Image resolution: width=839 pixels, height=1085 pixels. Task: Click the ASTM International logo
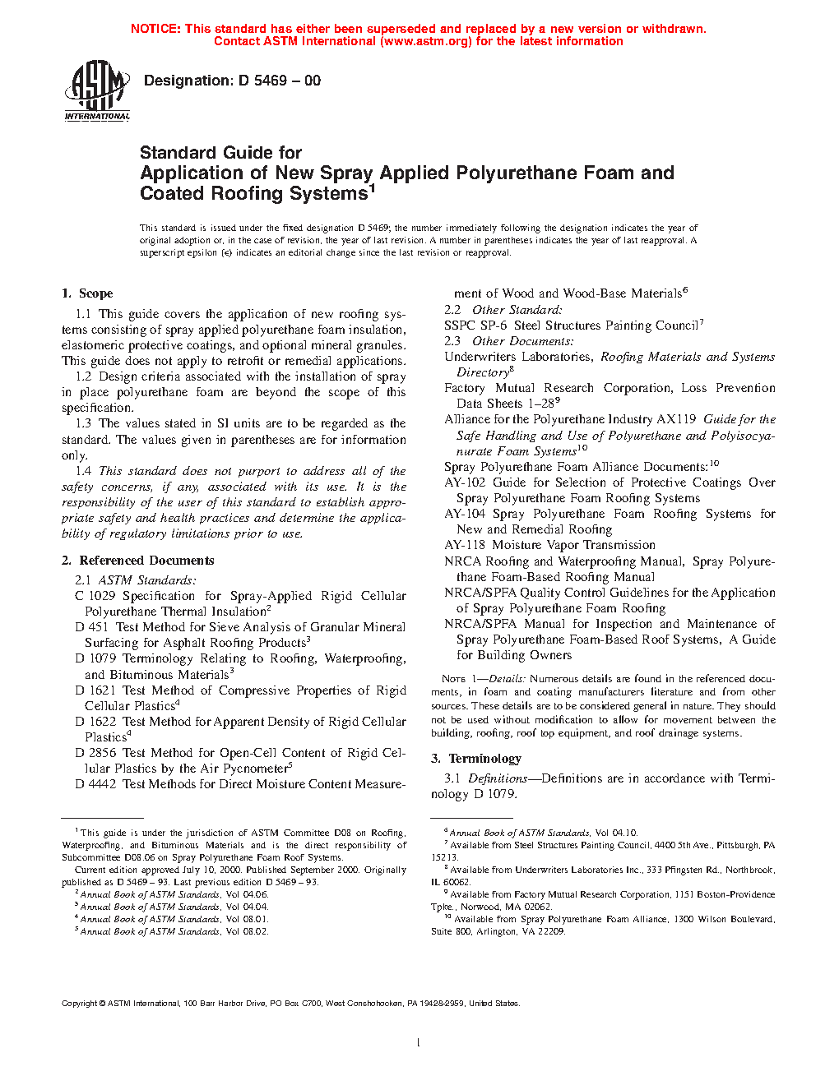(97, 91)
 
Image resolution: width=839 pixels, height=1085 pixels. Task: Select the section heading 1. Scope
(87, 293)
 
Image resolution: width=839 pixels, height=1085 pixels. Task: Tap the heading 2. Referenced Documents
(138, 561)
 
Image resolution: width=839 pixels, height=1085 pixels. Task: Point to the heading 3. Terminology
(476, 759)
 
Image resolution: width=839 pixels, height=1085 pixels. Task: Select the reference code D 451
(92, 627)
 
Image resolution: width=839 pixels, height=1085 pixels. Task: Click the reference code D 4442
(95, 784)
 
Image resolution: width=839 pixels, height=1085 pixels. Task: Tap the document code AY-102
(465, 482)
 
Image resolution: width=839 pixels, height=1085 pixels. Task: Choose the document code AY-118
(465, 545)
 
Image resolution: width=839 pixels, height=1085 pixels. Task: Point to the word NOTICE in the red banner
(155, 29)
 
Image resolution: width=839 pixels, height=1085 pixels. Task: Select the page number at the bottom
(419, 1043)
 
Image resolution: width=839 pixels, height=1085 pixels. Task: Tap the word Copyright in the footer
(80, 1004)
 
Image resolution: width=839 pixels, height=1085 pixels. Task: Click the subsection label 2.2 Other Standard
(503, 310)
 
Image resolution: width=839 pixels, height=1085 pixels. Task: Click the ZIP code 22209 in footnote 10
(552, 932)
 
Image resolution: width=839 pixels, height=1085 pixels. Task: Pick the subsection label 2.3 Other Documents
(508, 341)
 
